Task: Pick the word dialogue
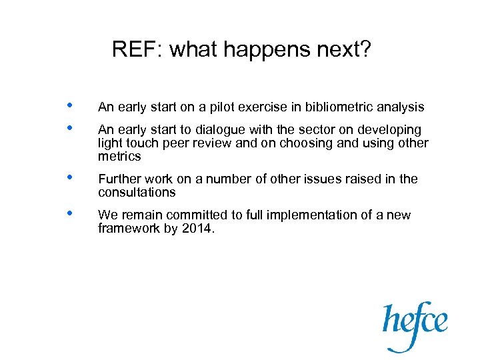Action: tap(207, 129)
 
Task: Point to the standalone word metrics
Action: tap(119, 157)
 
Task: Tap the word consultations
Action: tap(137, 193)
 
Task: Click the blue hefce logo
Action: tap(414, 324)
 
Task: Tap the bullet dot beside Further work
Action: tap(70, 179)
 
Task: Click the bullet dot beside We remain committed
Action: tap(70, 215)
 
